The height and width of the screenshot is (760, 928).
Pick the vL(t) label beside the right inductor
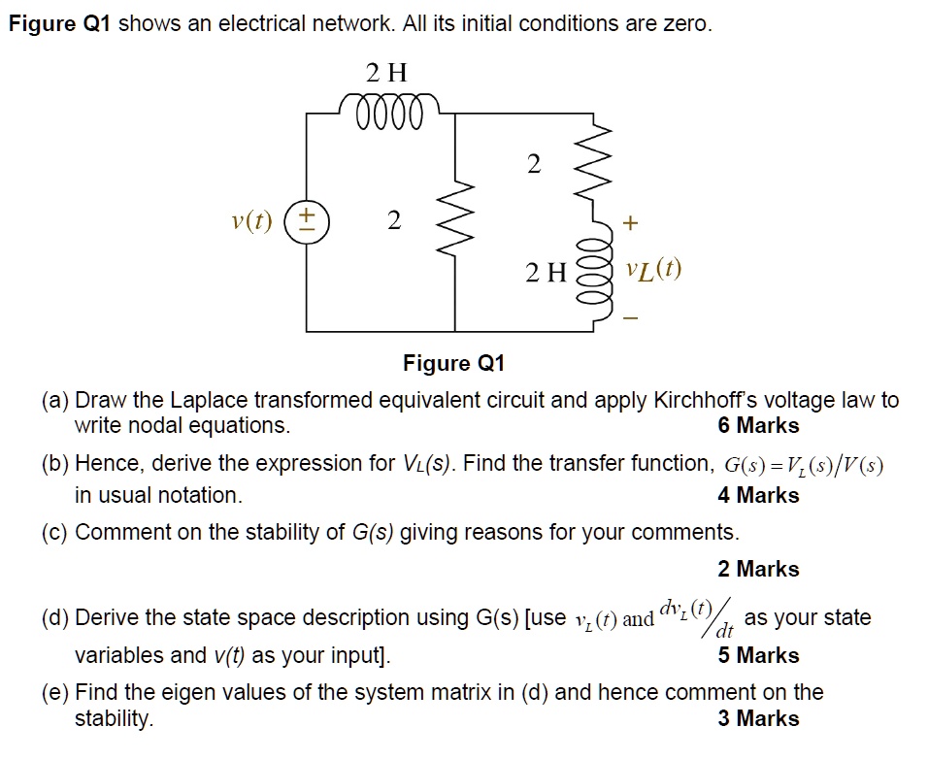pos(653,269)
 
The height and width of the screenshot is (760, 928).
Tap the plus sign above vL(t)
pos(630,224)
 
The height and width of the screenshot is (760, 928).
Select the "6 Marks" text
pos(758,425)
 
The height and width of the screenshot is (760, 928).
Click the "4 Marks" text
pos(758,495)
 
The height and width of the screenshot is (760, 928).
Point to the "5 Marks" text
pos(758,655)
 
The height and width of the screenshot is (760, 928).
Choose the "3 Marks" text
pos(758,718)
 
